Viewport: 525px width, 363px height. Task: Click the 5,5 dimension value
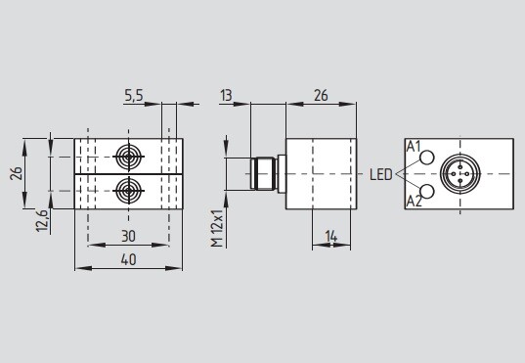(134, 96)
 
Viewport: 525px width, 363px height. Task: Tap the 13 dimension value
(226, 95)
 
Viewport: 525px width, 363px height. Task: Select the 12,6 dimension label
(42, 220)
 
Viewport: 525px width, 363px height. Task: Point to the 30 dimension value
(129, 237)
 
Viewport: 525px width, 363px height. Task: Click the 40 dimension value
(129, 259)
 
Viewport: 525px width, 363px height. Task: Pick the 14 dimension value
(331, 237)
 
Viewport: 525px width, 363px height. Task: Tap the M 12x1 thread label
(217, 228)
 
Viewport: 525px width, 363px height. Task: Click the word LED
(380, 174)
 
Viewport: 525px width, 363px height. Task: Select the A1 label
(414, 147)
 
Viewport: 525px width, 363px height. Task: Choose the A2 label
(414, 202)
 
